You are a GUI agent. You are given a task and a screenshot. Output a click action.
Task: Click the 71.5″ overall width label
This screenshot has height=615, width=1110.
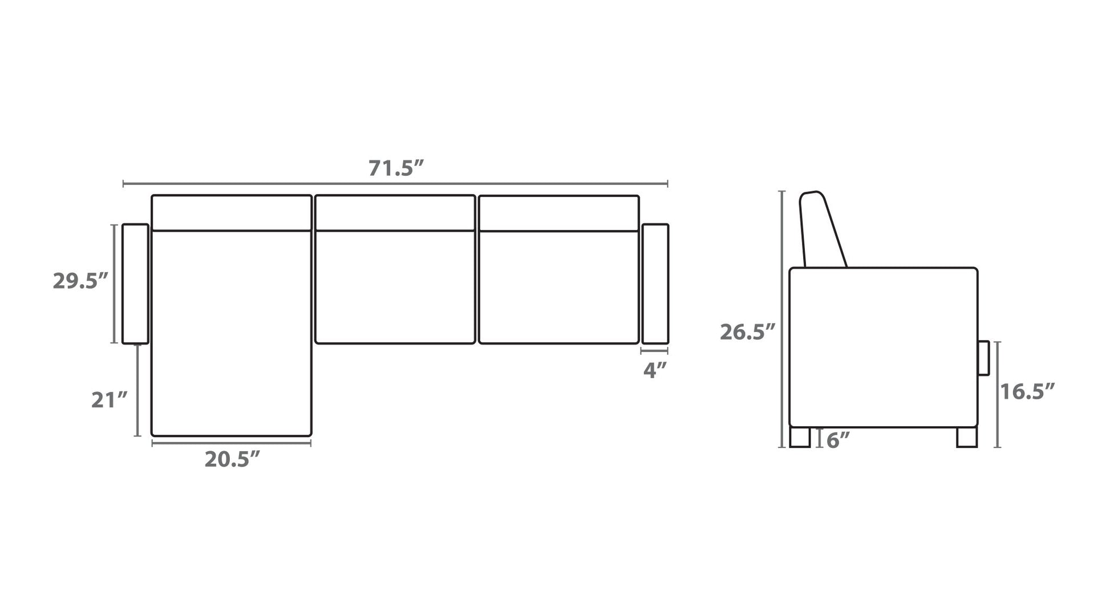(x=396, y=168)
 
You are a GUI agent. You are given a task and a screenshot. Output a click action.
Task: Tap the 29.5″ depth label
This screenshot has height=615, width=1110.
(x=80, y=281)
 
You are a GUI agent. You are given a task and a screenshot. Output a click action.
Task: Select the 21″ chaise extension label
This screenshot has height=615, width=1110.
(x=110, y=400)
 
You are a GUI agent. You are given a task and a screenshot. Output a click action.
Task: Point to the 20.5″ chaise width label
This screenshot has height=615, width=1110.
(x=232, y=459)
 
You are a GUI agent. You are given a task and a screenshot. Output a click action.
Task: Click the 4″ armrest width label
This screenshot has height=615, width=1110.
(x=655, y=370)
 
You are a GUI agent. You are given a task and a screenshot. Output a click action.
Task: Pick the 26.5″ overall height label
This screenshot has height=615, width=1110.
(x=748, y=331)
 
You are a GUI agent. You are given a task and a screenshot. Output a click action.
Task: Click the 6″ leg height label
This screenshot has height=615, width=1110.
(x=838, y=440)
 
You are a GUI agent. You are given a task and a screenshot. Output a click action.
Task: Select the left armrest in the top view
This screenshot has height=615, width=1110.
(x=135, y=284)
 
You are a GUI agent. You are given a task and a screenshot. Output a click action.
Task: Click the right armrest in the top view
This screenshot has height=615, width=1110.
(x=655, y=284)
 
